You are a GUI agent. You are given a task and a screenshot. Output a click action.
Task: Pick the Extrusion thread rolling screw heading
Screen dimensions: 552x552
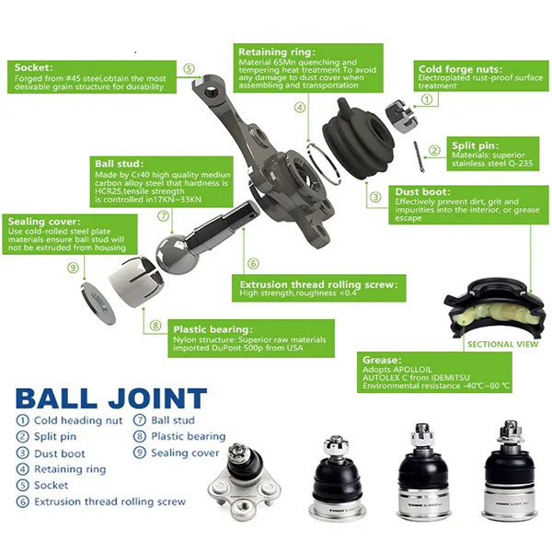pos(318,284)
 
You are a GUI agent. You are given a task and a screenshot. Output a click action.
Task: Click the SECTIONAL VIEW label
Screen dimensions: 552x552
pos(502,344)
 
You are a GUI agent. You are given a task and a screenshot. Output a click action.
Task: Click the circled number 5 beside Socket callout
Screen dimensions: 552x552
pos(189,68)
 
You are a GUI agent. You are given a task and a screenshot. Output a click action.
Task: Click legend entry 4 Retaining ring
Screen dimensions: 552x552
pos(64,469)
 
